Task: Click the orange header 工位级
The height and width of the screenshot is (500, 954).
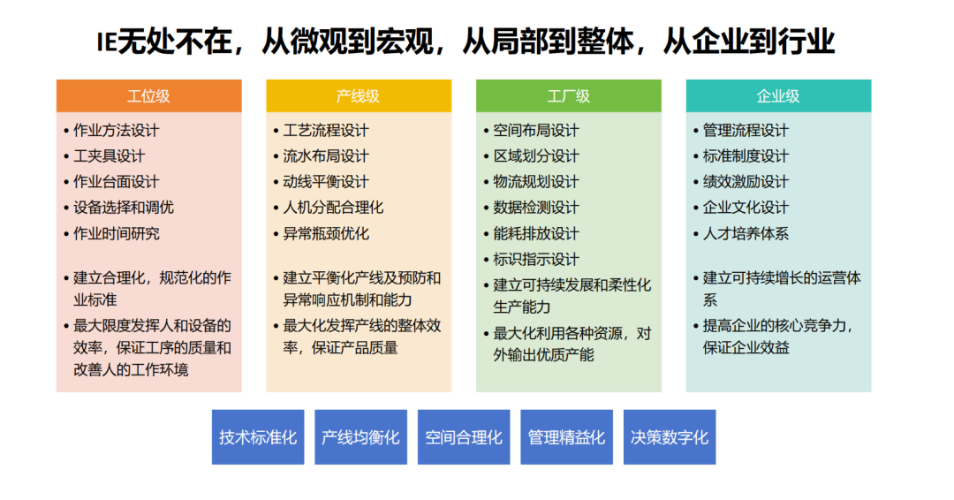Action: [x=148, y=95]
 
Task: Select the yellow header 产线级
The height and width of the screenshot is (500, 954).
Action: [x=358, y=95]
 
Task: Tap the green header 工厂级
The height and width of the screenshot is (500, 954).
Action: [x=568, y=95]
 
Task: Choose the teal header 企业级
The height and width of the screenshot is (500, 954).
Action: [x=778, y=95]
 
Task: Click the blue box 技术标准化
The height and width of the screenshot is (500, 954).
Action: [x=258, y=437]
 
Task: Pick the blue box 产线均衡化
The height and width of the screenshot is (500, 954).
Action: [x=360, y=437]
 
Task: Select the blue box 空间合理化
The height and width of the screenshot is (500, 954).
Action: [x=464, y=437]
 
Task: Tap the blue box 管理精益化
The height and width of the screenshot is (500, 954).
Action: [x=566, y=437]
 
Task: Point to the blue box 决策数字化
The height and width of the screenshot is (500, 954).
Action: [x=670, y=437]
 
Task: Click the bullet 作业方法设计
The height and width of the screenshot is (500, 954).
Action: [x=116, y=131]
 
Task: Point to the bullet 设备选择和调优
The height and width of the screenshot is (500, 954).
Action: [x=123, y=208]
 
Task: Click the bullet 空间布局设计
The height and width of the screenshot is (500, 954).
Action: [x=536, y=131]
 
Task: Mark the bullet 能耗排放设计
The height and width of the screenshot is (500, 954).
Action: [x=536, y=234]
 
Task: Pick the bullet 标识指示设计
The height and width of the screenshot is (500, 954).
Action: [x=536, y=260]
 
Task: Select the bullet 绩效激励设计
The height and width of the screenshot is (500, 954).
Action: [x=746, y=182]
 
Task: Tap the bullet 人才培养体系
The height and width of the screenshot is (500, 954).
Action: [x=746, y=234]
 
